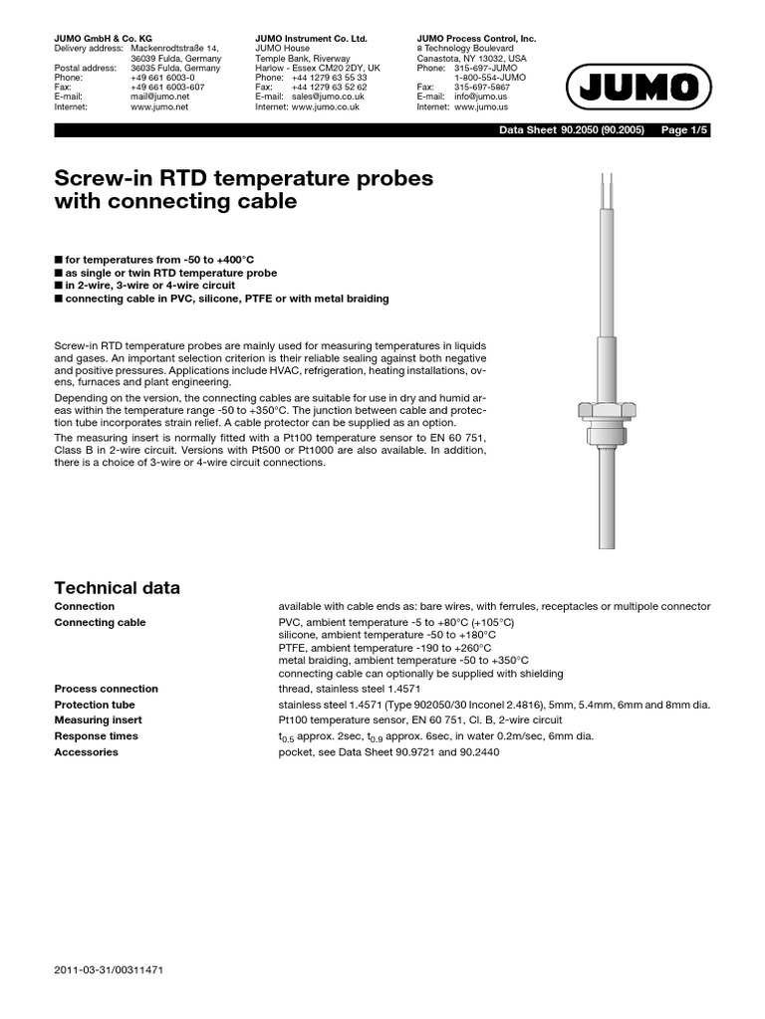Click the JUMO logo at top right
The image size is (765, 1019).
[637, 92]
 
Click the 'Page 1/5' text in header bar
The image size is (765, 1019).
[685, 130]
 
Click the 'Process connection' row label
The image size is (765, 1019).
[106, 689]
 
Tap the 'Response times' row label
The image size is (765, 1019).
[96, 736]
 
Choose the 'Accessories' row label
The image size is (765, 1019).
[86, 752]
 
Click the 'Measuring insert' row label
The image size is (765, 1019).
[98, 720]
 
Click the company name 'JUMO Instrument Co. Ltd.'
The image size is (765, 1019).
[311, 38]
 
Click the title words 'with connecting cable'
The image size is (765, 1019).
[175, 202]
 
